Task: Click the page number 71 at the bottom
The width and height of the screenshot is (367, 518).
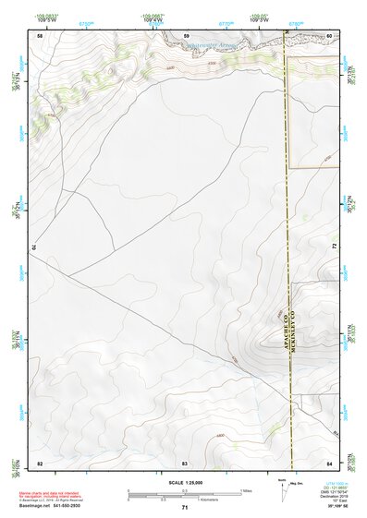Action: tap(185, 508)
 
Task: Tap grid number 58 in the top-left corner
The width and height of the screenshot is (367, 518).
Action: tap(40, 35)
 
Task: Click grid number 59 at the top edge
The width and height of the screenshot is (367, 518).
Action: tap(187, 35)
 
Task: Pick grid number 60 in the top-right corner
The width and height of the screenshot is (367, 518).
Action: tap(330, 35)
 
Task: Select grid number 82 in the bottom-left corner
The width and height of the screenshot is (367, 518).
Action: tap(40, 462)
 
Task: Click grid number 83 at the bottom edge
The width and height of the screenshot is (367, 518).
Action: tap(185, 462)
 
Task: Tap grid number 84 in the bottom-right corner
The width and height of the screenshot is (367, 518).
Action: tap(330, 462)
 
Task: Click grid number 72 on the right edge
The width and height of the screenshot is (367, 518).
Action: tap(333, 247)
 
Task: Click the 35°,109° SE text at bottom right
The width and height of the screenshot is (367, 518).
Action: tap(337, 507)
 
